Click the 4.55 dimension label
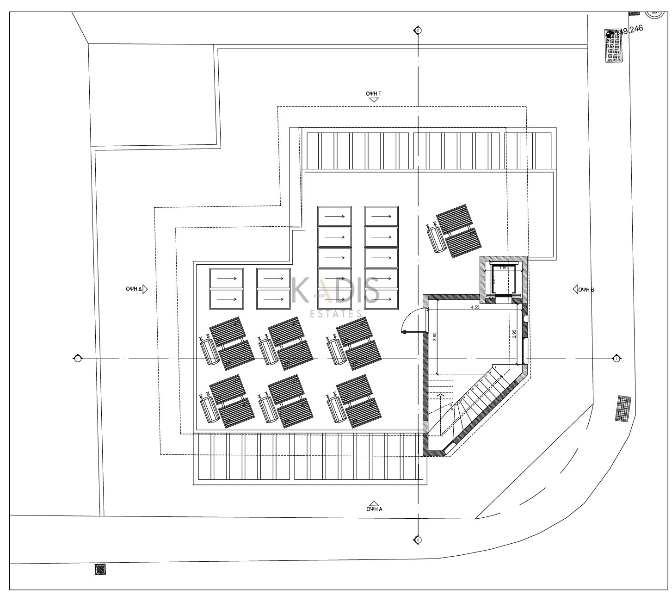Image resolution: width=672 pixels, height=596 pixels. coord(475,307)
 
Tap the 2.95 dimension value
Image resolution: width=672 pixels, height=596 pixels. coord(514,334)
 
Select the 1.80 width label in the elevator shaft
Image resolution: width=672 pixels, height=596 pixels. coord(504,267)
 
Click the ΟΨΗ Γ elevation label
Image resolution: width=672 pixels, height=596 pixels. coord(374,93)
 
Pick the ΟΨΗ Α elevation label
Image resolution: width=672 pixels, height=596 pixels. coord(374,509)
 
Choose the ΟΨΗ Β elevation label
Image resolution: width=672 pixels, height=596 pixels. coord(586,290)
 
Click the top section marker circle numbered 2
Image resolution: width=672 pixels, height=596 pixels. coord(418,30)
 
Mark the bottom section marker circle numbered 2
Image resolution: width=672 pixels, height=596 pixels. coord(418,540)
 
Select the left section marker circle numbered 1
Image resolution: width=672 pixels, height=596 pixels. coord(78,359)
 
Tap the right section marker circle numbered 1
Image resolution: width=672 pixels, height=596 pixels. coord(616,359)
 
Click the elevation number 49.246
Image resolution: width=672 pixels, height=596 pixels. coord(630,31)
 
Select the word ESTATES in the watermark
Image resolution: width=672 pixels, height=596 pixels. coord(336,314)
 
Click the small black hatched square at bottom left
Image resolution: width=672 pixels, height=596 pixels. coord(100,569)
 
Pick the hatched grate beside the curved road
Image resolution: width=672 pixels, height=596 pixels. coord(623,408)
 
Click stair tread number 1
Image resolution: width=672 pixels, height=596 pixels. coord(496,367)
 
